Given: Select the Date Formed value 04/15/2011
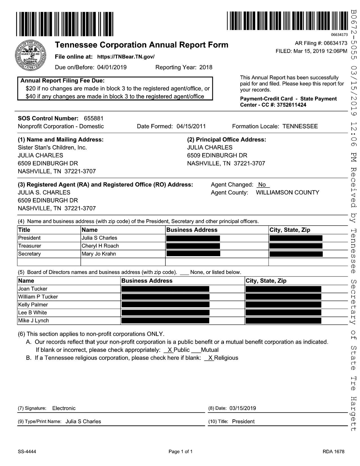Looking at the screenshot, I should tap(191, 126).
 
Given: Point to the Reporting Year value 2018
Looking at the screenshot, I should tap(206, 67).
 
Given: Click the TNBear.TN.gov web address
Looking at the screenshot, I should tap(126, 57).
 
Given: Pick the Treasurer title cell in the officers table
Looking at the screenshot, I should tap(30, 246).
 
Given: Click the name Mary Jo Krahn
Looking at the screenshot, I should tap(99, 254).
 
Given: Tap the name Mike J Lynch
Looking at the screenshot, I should tap(33, 320).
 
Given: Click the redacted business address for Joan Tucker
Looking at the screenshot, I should tap(165, 289).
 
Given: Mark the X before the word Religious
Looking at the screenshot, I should tap(210, 358).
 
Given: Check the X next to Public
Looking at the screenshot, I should tap(170, 350).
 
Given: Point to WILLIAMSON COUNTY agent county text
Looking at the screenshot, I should tap(287, 192).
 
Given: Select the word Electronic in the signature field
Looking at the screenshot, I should tap(64, 408).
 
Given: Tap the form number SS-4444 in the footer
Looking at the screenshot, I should tap(27, 452).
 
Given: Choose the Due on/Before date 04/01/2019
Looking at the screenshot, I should tap(112, 67).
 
